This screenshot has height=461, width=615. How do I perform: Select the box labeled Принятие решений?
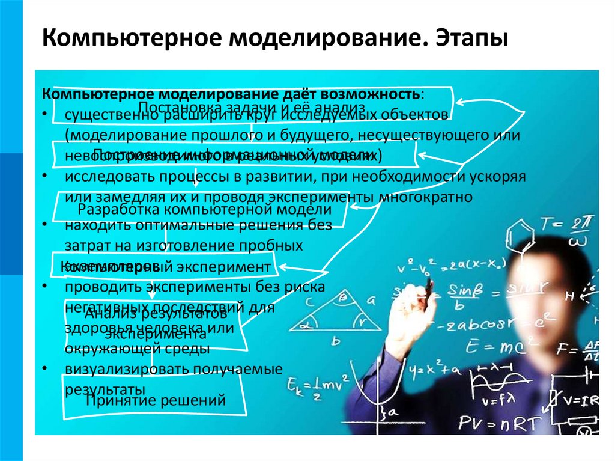[156, 400]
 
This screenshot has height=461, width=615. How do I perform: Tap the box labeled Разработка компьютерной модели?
[204, 210]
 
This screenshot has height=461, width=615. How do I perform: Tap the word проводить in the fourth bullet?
[101, 287]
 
